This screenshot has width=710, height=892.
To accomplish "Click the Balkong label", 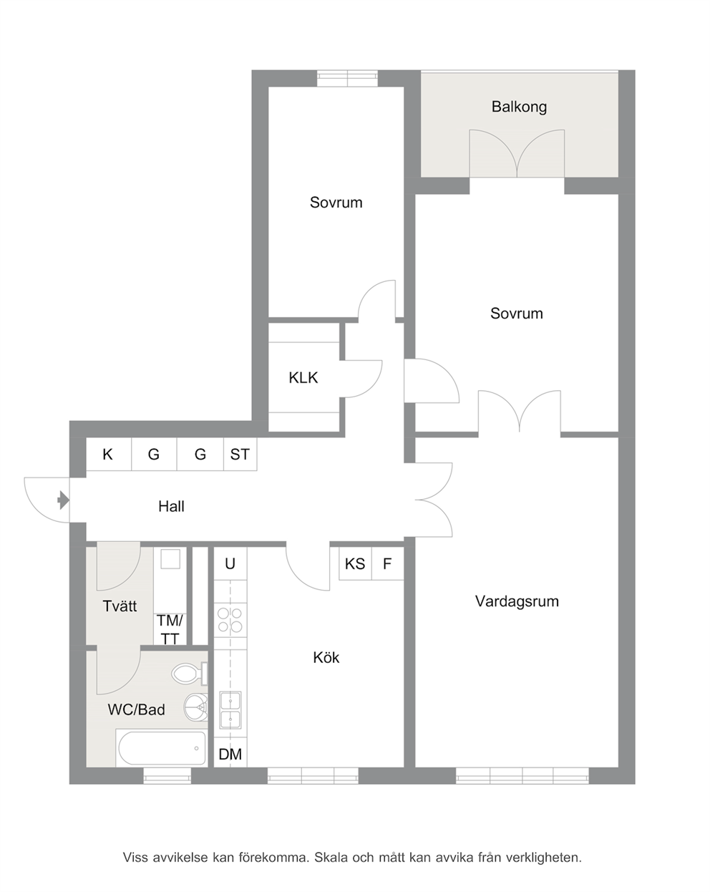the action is pos(519,107).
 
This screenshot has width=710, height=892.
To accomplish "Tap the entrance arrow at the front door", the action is pos(64,500).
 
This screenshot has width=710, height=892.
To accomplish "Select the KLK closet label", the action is pos(303,377).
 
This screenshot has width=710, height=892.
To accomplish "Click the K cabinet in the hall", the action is pos(108,455).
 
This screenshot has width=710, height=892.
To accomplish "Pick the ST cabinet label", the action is pos(240,455).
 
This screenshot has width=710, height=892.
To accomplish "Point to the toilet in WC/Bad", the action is pos(190,674).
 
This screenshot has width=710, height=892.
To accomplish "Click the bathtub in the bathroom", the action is pos(162,748).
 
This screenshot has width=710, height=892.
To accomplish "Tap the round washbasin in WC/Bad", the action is pos(195,708).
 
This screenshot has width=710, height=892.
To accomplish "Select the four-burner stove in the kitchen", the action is pos(230,620).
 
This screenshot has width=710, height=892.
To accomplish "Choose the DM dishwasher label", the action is pos(230,755).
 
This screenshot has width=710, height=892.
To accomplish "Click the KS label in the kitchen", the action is pos(355,563).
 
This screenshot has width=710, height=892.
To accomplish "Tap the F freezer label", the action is pos(387,563).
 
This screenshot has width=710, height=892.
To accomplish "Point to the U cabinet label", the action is pos(230,563).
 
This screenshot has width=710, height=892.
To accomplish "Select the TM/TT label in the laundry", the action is pos(170,629).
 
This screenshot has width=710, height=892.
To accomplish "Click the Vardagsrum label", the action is pos(517,601).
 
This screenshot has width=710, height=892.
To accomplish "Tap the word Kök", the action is pos(326,657).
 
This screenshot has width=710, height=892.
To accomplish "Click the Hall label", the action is pos(171,506).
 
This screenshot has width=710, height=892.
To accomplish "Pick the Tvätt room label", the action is pos(120,606).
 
